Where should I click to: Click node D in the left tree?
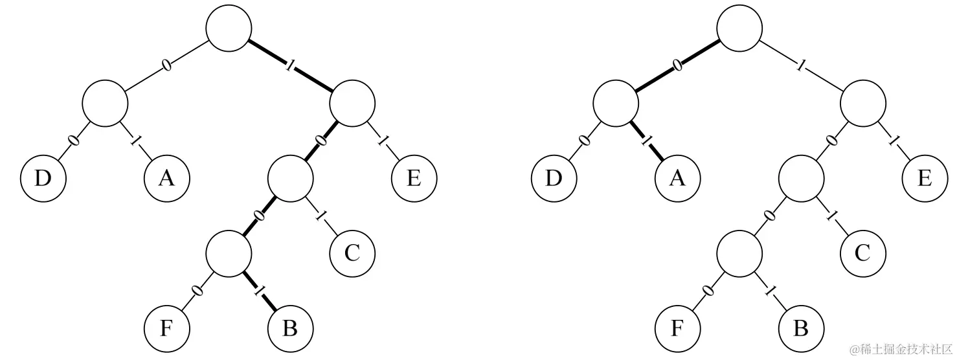point(43,178)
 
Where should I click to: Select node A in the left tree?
point(166,178)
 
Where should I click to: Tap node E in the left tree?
point(414,178)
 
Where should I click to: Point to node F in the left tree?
point(166,328)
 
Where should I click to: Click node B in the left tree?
point(290,328)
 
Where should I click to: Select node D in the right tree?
point(554,178)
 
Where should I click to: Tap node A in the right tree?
point(677,178)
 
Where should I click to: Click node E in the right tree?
point(925,178)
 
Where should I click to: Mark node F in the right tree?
point(677,328)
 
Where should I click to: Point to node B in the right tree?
point(801,328)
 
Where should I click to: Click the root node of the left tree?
point(229,28)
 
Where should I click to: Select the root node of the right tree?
point(739,28)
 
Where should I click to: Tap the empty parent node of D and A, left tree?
point(105,103)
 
